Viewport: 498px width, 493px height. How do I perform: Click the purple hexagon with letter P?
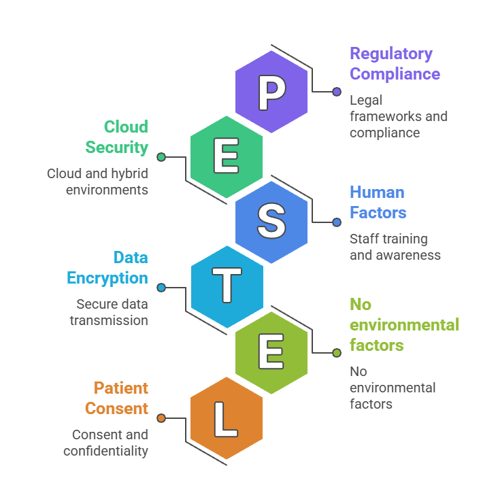[x=271, y=92]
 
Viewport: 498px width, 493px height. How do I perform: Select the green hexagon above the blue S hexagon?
[x=227, y=157]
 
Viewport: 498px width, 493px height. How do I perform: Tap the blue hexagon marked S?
[x=271, y=222]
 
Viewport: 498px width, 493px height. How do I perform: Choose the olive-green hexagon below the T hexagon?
[x=271, y=353]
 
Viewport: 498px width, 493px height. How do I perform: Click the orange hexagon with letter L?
[x=227, y=418]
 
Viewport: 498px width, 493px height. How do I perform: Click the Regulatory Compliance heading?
[x=394, y=63]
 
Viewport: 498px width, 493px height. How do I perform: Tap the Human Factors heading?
[x=378, y=202]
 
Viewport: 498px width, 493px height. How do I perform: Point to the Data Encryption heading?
[x=107, y=267]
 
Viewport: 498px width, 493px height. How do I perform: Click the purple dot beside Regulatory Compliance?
[x=336, y=92]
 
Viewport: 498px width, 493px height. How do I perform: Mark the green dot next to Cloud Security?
[x=161, y=157]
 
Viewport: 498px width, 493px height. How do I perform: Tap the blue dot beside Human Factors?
[x=336, y=222]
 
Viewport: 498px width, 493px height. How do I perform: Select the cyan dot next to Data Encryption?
[x=161, y=288]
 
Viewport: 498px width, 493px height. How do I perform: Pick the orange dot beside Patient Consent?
[x=161, y=418]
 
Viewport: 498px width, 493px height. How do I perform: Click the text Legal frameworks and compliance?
[x=398, y=116]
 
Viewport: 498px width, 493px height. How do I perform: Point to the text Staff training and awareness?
[x=395, y=247]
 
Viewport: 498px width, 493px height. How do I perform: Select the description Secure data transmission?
[x=109, y=312]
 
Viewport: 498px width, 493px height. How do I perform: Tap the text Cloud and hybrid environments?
[x=98, y=182]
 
